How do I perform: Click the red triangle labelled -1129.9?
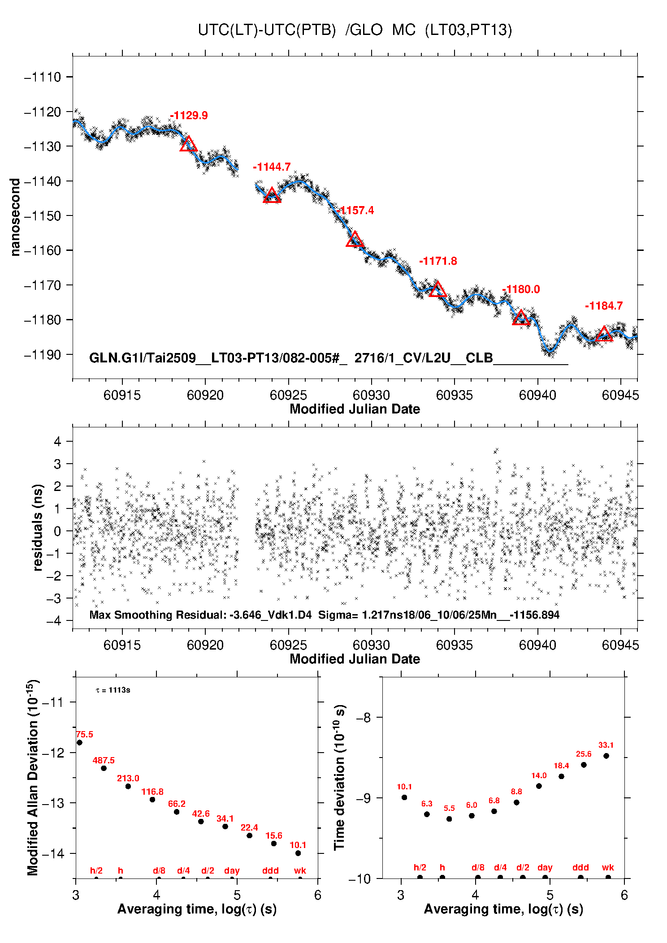pyautogui.click(x=188, y=144)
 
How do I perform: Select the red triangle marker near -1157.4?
pyautogui.click(x=355, y=240)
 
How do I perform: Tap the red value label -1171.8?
pyautogui.click(x=438, y=261)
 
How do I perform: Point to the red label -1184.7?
pyautogui.click(x=603, y=306)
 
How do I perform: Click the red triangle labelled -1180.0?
pyautogui.click(x=520, y=318)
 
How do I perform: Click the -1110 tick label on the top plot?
pyautogui.click(x=43, y=77)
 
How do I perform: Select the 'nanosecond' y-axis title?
pyautogui.click(x=15, y=217)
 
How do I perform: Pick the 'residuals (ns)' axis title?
pyautogui.click(x=38, y=527)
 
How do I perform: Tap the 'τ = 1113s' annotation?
pyautogui.click(x=113, y=690)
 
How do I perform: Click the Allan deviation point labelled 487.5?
pyautogui.click(x=104, y=768)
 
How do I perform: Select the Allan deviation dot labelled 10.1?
pyautogui.click(x=298, y=853)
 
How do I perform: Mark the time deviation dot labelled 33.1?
pyautogui.click(x=606, y=756)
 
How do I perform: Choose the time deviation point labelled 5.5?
pyautogui.click(x=449, y=819)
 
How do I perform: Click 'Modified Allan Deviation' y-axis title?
pyautogui.click(x=33, y=777)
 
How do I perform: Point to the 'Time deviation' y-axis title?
pyautogui.click(x=339, y=777)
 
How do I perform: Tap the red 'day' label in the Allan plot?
pyautogui.click(x=232, y=871)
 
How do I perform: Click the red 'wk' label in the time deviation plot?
pyautogui.click(x=608, y=868)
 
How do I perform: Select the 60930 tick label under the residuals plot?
pyautogui.click(x=371, y=645)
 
